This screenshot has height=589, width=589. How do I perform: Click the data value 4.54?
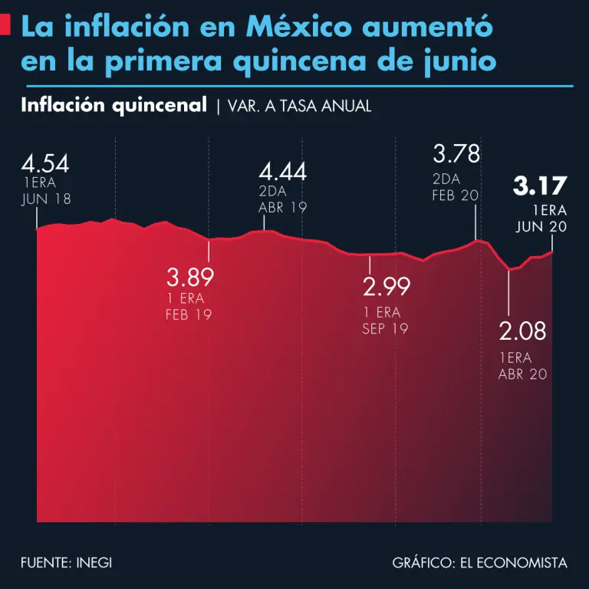coord(45,164)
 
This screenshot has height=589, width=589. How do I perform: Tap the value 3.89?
coord(189,276)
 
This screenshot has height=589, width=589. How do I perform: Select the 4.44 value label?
coord(282,171)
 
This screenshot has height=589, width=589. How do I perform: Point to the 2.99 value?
coord(386,287)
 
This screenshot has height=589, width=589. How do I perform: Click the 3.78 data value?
coord(456,153)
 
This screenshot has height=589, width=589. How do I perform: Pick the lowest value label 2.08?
coord(522,331)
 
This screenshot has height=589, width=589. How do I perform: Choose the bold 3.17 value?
coord(539,186)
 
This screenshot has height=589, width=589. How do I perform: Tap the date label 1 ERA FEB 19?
coord(188,307)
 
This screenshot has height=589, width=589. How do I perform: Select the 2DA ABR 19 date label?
coord(281,199)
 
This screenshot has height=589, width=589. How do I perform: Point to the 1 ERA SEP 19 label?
coord(385,321)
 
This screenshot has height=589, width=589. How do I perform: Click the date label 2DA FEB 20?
coord(455,187)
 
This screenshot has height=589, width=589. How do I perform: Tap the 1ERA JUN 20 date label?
coord(541,219)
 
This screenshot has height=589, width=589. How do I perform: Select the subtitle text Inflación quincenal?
coord(114,105)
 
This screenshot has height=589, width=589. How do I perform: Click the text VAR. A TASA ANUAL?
coord(299,107)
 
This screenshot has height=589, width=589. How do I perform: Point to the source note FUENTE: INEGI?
coord(67,563)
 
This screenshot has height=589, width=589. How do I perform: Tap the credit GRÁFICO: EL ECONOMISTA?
coord(479,563)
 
